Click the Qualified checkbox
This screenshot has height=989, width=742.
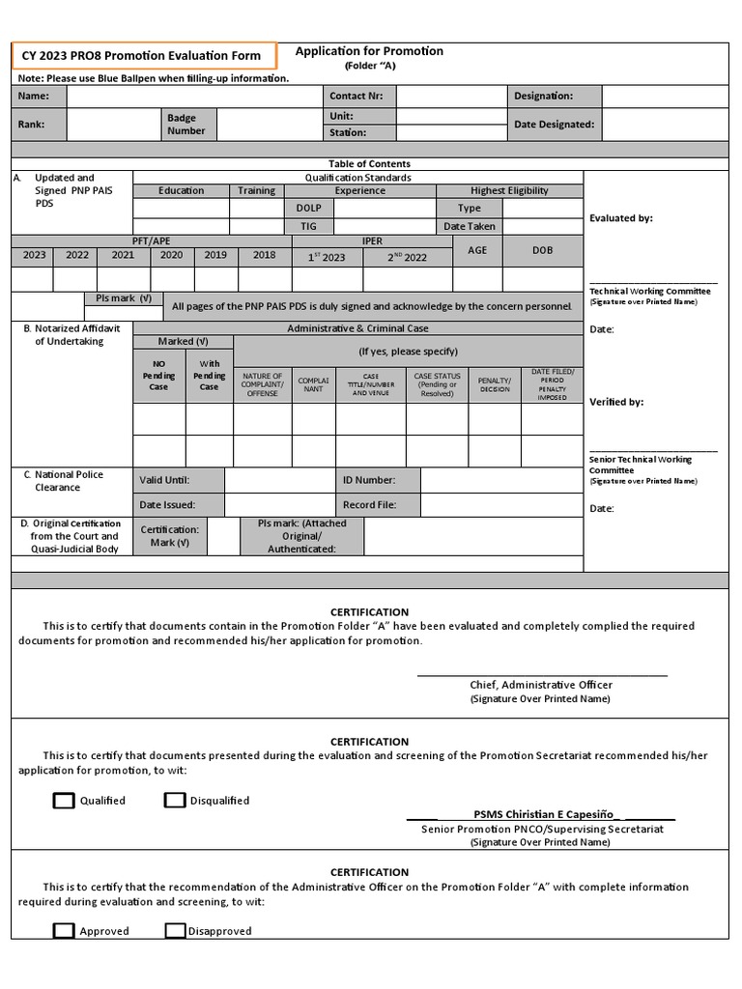click(64, 800)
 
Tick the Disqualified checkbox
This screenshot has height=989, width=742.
click(175, 800)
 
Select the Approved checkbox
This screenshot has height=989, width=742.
click(64, 931)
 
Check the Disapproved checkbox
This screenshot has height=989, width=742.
click(175, 931)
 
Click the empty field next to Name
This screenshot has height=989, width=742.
click(193, 97)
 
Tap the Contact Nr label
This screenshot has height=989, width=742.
click(357, 97)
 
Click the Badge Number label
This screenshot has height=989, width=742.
click(186, 124)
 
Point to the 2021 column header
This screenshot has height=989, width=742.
click(123, 255)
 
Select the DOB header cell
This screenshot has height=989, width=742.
click(542, 250)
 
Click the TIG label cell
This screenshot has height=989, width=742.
click(307, 226)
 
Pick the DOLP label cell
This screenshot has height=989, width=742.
click(307, 208)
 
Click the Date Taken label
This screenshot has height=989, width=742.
click(470, 226)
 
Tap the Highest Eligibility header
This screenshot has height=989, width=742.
click(509, 190)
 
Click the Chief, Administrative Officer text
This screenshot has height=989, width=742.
click(541, 684)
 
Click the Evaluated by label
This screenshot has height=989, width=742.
click(621, 218)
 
